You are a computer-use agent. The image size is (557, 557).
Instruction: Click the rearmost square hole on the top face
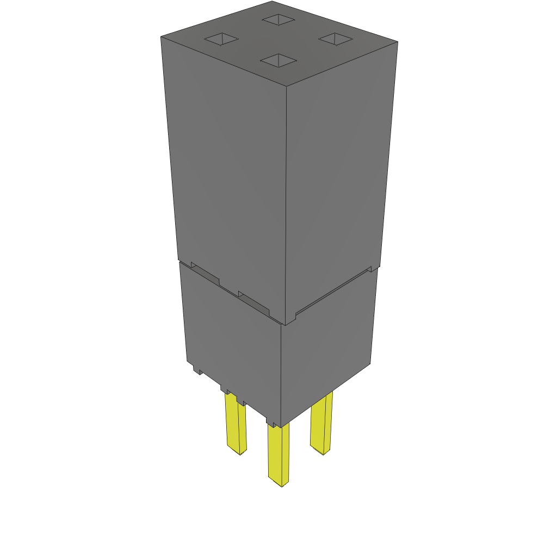278,20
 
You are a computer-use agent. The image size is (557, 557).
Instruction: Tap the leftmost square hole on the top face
221,39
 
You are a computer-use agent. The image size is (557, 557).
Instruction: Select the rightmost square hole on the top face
336,38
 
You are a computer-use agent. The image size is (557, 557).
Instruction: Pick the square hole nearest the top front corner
279,60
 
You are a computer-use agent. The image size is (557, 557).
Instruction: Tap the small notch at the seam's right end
370,269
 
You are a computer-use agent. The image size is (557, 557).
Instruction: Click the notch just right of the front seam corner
293,315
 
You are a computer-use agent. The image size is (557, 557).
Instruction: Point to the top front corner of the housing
287,85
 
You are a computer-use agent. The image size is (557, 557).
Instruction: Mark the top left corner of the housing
161,37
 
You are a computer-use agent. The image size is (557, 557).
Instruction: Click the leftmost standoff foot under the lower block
197,370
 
